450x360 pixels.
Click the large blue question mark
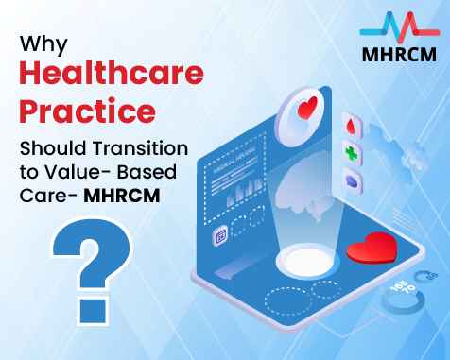[x=81, y=253]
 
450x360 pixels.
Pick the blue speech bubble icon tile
[x=351, y=180]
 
